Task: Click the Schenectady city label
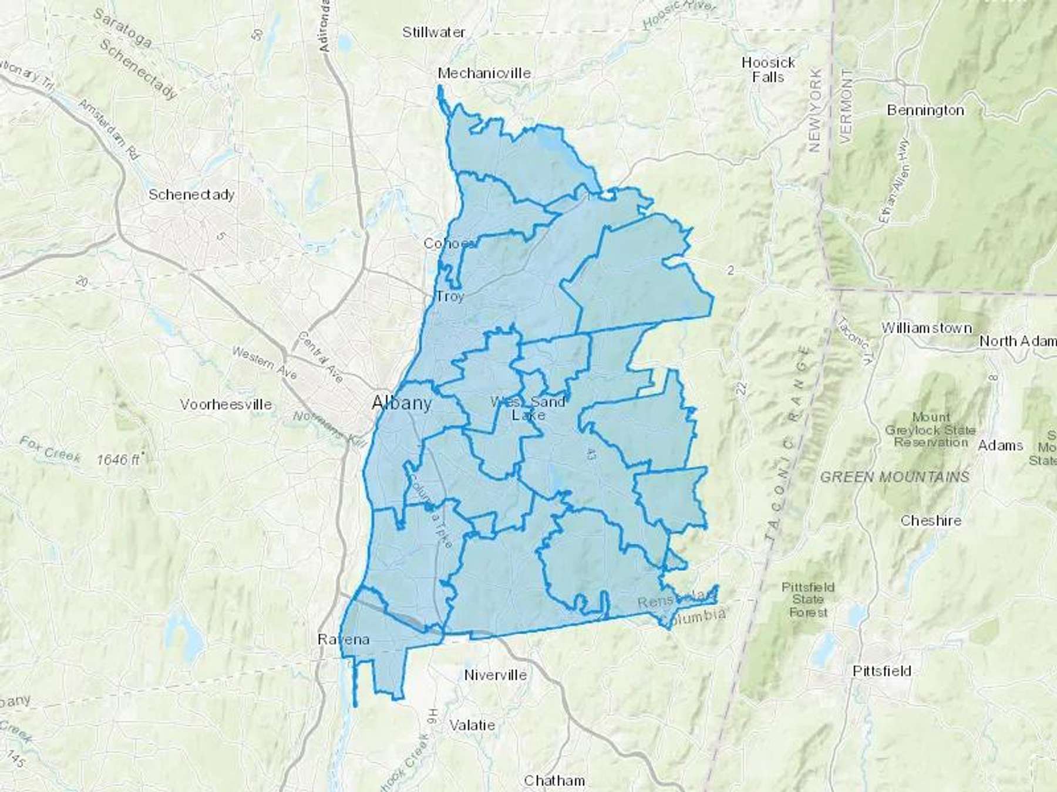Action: coord(191,195)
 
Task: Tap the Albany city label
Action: coord(402,403)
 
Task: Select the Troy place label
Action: coord(450,296)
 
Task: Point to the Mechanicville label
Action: coord(484,73)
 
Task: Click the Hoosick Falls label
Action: coord(768,70)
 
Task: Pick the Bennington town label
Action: coord(925,110)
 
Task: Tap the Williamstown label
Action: coord(926,328)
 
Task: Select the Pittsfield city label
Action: coord(881,671)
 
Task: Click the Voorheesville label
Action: coord(226,404)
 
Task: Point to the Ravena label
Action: coord(344,639)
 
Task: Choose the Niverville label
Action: coord(495,675)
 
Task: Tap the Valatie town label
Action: coord(472,725)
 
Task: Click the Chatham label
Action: coord(554,780)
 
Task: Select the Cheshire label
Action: coord(931,520)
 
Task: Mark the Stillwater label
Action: coord(433,33)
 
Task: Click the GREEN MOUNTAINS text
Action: coord(894,478)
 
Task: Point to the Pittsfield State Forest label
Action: coord(808,600)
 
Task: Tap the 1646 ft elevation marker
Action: coord(119,459)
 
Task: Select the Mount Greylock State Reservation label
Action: coord(930,430)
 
